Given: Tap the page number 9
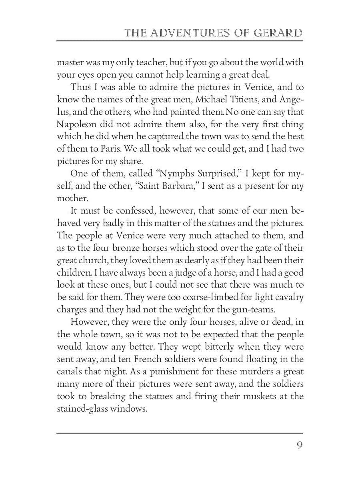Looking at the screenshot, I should [300, 445].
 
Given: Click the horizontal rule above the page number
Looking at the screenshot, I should [180, 432].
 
